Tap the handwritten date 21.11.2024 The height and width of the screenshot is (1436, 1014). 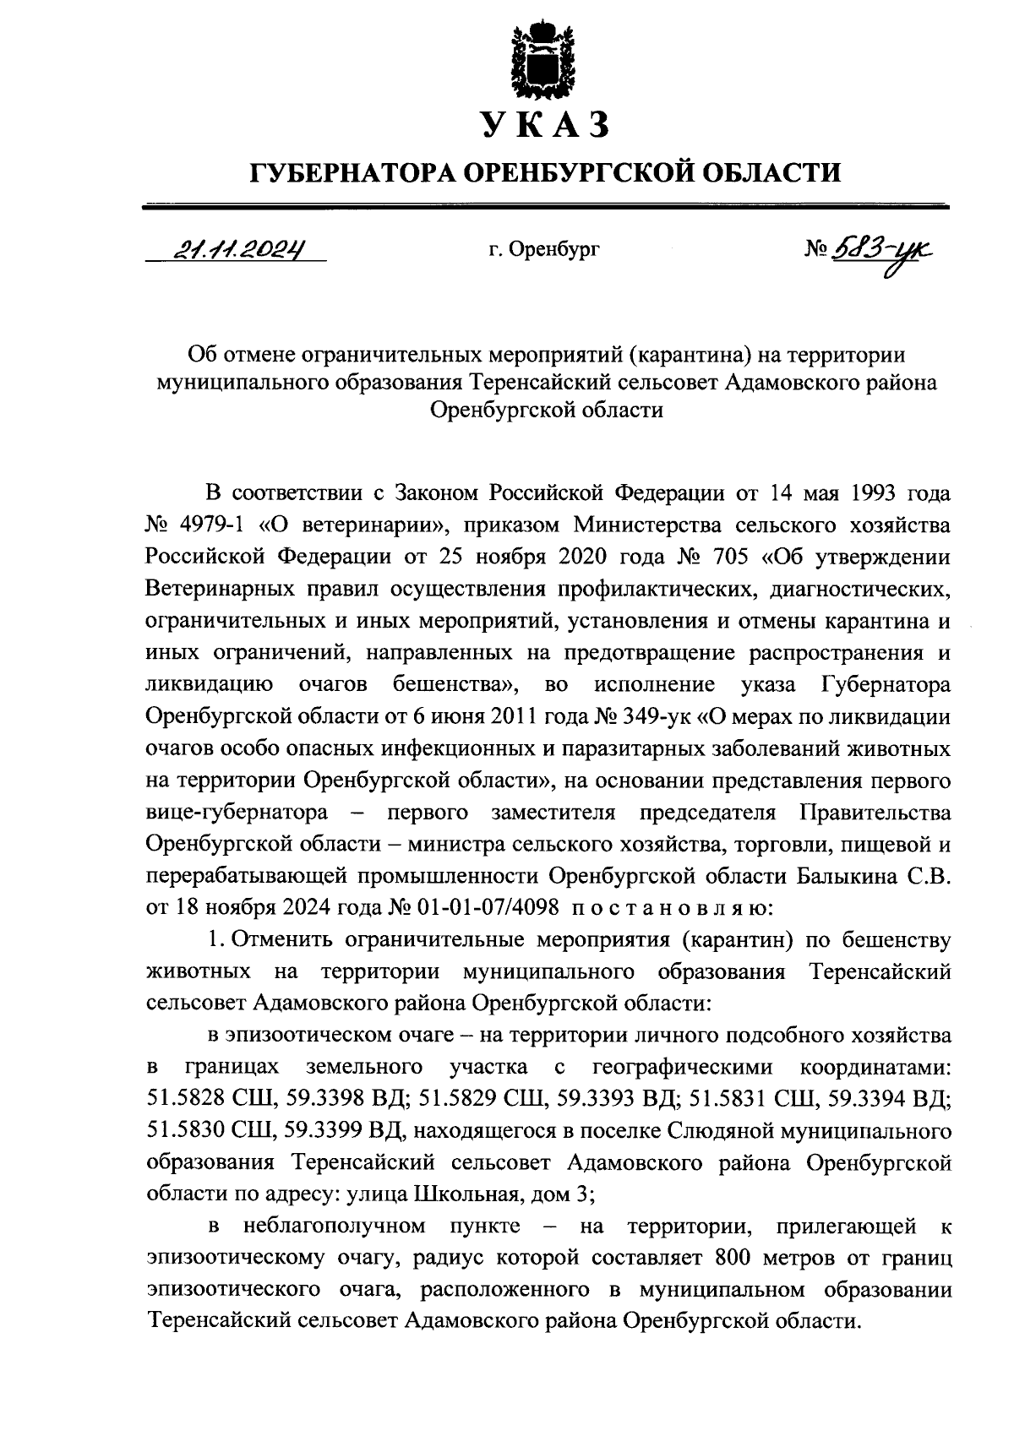pos(237,248)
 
